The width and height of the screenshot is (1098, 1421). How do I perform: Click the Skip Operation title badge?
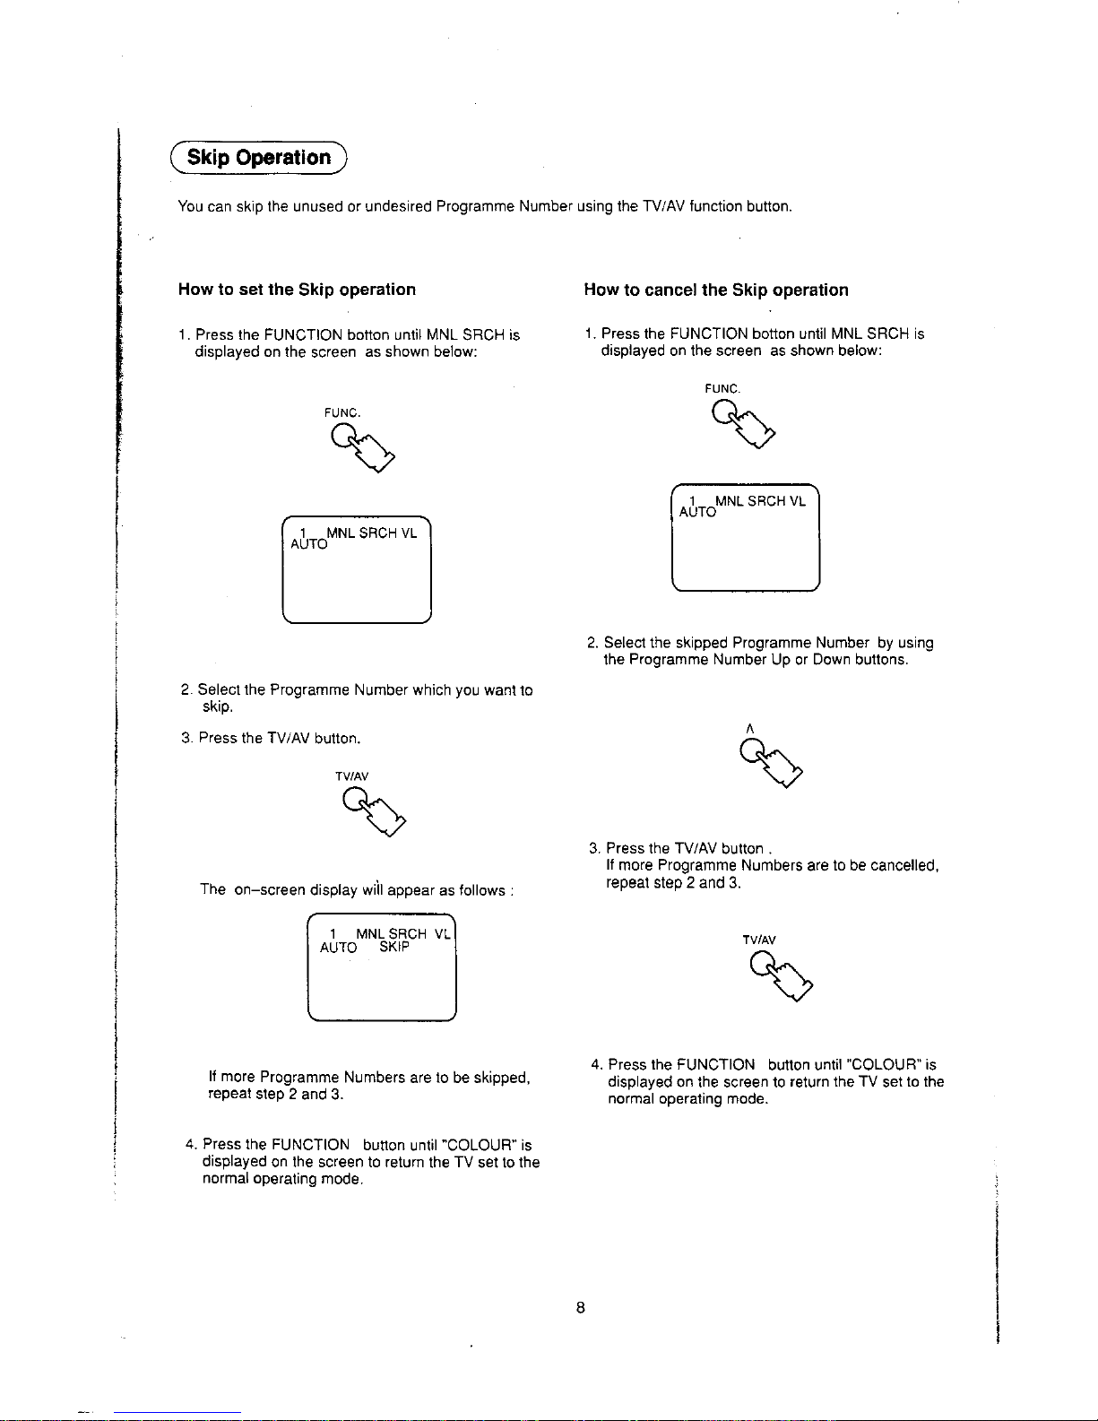[x=258, y=158]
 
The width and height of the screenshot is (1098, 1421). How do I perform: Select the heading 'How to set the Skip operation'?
[x=297, y=289]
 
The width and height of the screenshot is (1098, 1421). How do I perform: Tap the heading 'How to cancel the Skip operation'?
[x=715, y=290]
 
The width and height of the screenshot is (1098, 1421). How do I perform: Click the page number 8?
[x=581, y=1307]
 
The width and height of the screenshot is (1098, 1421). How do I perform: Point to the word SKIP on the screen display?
[x=394, y=947]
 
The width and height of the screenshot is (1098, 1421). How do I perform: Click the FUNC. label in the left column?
[x=342, y=412]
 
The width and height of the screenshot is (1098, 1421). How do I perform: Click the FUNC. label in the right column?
[x=722, y=388]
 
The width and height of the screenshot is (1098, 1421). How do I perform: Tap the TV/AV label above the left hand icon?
[x=351, y=776]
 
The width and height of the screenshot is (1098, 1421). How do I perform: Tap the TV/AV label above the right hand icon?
[x=759, y=940]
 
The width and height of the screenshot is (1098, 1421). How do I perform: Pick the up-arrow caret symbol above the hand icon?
[x=749, y=729]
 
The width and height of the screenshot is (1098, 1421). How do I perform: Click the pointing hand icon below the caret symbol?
[x=771, y=762]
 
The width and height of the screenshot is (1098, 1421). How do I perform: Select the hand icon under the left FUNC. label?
[x=363, y=447]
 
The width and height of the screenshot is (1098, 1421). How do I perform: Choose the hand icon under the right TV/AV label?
[x=781, y=975]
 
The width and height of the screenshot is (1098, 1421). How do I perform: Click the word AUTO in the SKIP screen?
[x=338, y=948]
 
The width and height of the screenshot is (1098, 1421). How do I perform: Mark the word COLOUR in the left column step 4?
[x=477, y=1144]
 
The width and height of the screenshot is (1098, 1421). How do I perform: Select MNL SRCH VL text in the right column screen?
[x=760, y=501]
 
